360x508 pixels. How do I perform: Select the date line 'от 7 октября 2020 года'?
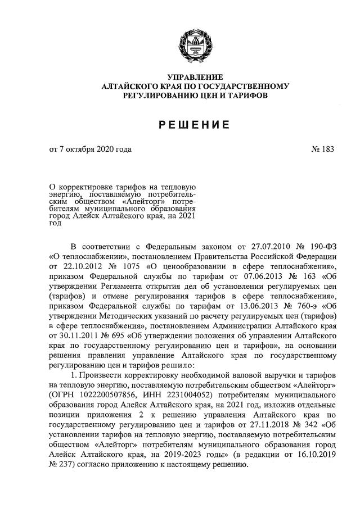coord(90,150)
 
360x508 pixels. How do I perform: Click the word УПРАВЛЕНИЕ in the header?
coord(196,77)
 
